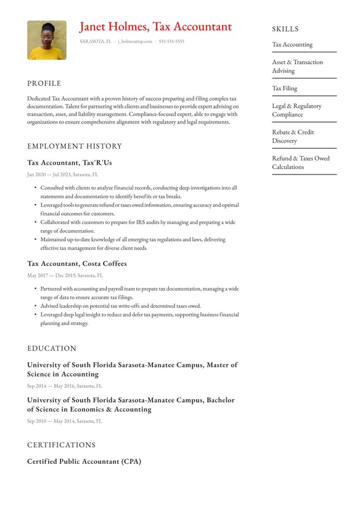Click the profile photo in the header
coord(46,40)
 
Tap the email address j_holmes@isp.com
coord(134,41)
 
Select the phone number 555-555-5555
coord(171,41)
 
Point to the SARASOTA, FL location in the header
coord(96,41)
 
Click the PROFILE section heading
coord(44,83)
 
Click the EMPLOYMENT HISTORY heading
coord(75,146)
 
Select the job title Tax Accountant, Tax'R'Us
coord(70,163)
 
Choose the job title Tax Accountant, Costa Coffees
coord(77,263)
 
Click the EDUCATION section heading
coord(52,348)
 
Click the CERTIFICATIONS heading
coord(62,445)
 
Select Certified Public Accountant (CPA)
coord(84,461)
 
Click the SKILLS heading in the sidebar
coord(285,29)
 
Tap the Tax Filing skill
coord(285,88)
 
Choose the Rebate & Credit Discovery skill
coord(293,136)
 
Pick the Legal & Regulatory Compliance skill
coord(297,110)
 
